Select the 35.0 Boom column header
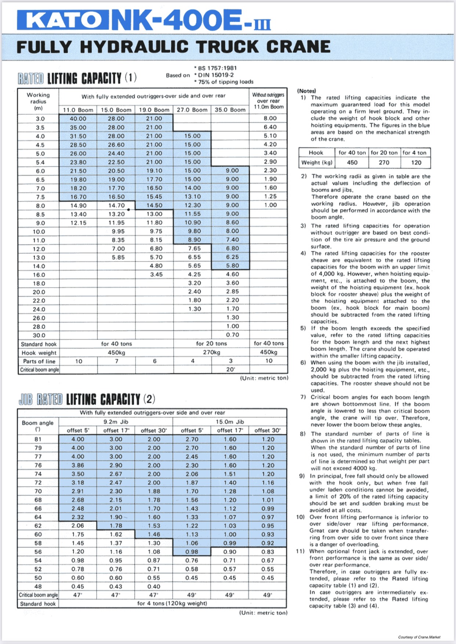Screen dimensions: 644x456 pos(230,110)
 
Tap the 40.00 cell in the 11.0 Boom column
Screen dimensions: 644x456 pos(78,119)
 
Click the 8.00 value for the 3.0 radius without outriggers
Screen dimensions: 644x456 pos(270,118)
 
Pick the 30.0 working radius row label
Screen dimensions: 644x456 pos(39,335)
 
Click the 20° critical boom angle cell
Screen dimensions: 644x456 pos(231,370)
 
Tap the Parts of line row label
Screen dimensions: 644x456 pos(39,361)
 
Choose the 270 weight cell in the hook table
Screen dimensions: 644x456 pos(384,162)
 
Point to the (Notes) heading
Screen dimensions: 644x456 pos(307,91)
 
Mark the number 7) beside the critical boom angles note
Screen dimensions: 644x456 pos(303,397)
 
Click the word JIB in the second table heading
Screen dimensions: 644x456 pos(26,399)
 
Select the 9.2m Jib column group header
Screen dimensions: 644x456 pos(116,422)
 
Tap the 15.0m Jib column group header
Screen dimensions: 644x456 pos(230,422)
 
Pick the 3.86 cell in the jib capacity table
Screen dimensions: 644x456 pos(77,465)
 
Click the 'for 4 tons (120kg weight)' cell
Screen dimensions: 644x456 pos(172,603)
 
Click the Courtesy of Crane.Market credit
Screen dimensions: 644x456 pos(419,637)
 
